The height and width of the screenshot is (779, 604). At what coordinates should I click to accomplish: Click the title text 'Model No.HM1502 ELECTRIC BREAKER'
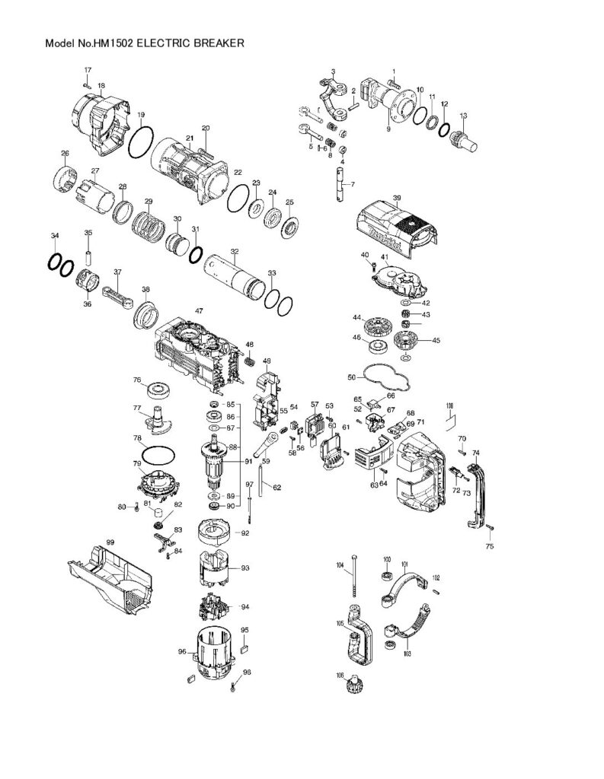tap(145, 44)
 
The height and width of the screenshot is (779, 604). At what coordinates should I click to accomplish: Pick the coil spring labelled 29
tap(150, 225)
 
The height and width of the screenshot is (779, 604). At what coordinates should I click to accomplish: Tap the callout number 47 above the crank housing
tap(199, 310)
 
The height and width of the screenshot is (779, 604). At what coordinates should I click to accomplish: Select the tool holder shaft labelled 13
tap(465, 141)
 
